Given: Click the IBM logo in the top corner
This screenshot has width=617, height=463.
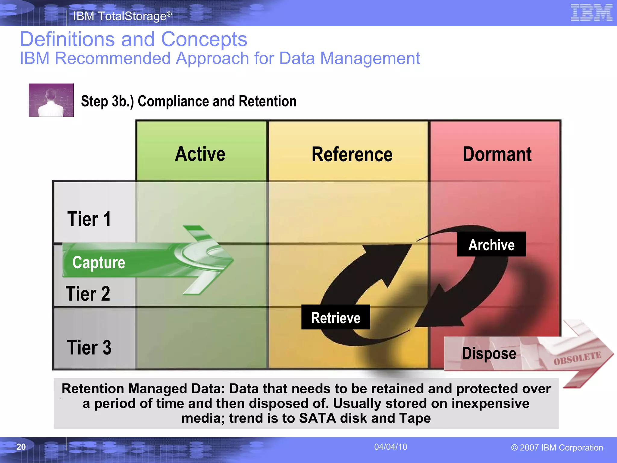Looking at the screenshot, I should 591,13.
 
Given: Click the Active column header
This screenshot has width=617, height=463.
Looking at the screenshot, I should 200,154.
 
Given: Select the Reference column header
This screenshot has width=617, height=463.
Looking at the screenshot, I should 352,154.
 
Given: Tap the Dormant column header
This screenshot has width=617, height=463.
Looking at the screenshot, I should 497,154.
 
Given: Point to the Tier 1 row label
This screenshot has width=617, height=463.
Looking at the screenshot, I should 89,219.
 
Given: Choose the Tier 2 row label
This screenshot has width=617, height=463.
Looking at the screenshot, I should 88,294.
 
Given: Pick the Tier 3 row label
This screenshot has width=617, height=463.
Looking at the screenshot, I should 89,348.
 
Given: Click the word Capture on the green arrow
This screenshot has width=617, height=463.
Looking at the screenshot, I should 99,262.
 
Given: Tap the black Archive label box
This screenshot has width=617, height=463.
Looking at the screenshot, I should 491,244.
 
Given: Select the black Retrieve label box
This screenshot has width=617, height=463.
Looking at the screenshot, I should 336,317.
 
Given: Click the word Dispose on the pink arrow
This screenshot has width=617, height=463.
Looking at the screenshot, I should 489,353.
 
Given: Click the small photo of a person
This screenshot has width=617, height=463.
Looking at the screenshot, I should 51,100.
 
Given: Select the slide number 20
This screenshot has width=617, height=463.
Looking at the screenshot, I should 21,447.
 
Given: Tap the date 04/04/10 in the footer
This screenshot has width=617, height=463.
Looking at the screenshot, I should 390,447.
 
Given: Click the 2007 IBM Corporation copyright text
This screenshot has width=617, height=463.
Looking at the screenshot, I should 557,448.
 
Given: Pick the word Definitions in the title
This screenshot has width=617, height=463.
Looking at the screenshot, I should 67,39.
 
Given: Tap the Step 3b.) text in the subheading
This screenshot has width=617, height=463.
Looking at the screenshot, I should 107,101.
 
